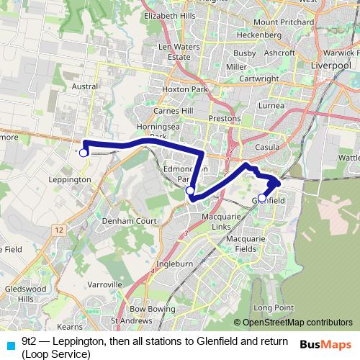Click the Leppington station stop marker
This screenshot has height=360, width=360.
(84, 153)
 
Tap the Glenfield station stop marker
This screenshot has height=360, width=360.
(262, 197)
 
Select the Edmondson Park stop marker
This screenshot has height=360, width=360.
(189, 190)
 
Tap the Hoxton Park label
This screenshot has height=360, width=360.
(185, 90)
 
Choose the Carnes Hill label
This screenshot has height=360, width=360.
(174, 112)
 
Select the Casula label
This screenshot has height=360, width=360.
(267, 146)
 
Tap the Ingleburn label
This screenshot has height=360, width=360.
(175, 264)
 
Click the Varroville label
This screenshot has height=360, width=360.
(104, 284)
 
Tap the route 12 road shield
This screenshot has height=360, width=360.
(58, 229)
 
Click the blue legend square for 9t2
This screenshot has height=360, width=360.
(9, 345)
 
